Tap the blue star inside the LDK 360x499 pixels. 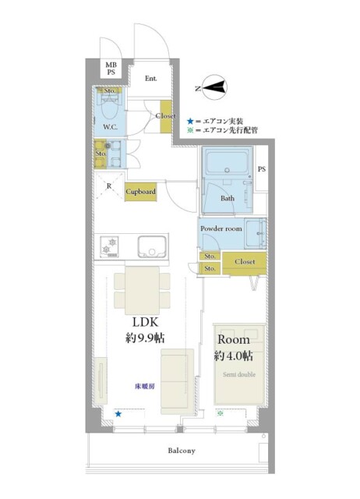click(x=118, y=414)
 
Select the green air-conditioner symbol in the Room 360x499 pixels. click(x=220, y=413)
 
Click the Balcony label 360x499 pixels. click(x=182, y=451)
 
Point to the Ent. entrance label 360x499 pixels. click(x=150, y=78)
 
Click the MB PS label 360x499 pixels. click(x=111, y=69)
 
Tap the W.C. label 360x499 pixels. click(x=110, y=127)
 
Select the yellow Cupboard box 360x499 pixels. click(x=140, y=192)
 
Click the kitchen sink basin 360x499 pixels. click(x=152, y=246)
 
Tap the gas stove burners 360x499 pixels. click(x=109, y=246)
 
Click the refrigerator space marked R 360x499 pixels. click(x=109, y=186)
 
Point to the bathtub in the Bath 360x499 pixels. click(x=227, y=163)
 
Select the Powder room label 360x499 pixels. click(x=221, y=228)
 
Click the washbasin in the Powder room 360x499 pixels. click(x=256, y=234)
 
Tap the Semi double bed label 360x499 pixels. click(x=239, y=374)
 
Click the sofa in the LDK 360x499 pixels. click(x=177, y=381)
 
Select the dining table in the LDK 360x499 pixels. click(x=142, y=290)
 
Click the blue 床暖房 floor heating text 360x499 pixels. click(x=145, y=387)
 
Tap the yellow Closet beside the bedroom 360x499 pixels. click(x=244, y=263)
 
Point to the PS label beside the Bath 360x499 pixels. click(x=261, y=169)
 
